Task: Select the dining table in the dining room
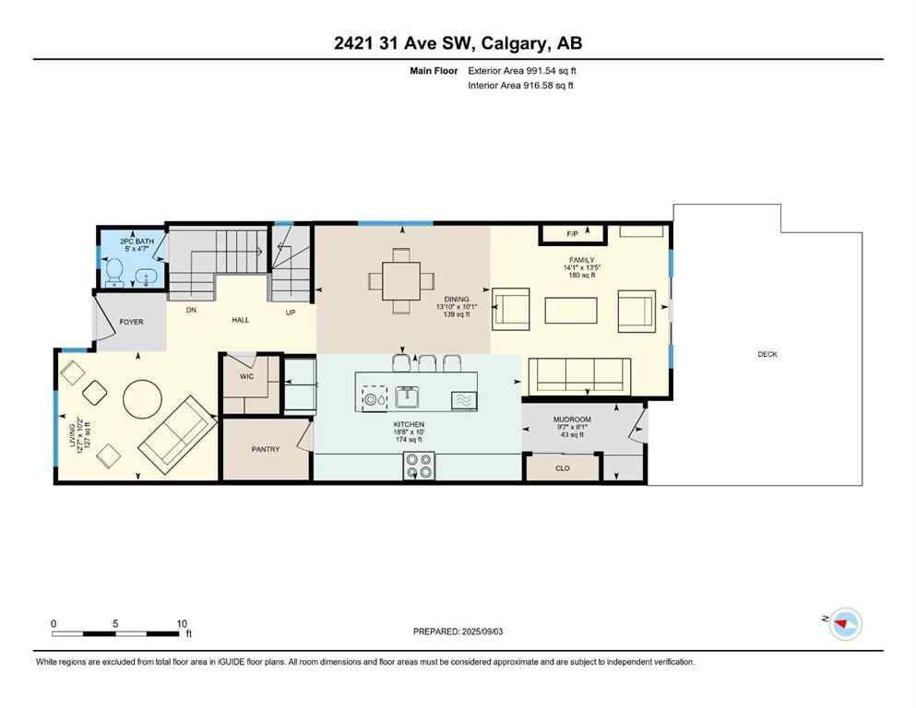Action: [399, 279]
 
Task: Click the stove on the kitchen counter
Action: [418, 467]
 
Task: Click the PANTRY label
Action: [266, 449]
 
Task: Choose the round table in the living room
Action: [145, 399]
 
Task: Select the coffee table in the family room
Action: [571, 310]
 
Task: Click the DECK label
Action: [767, 354]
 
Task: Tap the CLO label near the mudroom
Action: [561, 467]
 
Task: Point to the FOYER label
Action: [131, 323]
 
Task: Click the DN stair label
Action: [191, 311]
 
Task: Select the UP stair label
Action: [291, 313]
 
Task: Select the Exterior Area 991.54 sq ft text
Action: [527, 70]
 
